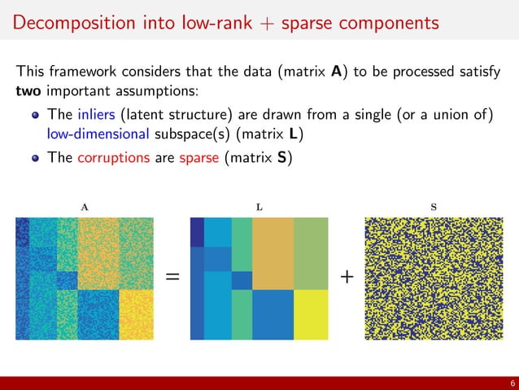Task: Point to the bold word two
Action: pos(29,90)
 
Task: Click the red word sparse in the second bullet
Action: pos(198,158)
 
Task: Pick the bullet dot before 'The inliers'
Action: pos(37,112)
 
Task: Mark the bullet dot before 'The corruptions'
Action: pos(37,159)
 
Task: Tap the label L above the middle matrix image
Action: pos(259,207)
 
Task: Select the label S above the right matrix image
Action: pos(433,207)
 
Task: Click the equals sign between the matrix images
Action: pos(172,278)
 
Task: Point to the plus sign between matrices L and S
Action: pos(347,278)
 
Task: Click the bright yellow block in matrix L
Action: pos(310,314)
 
